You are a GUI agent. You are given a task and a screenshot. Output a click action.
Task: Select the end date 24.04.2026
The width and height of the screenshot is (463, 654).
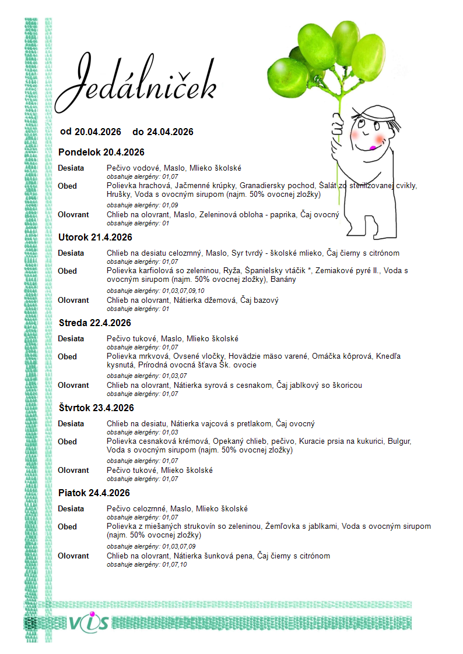pos(170,132)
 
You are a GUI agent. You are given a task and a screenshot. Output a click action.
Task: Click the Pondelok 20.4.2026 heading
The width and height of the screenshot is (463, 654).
pos(101,153)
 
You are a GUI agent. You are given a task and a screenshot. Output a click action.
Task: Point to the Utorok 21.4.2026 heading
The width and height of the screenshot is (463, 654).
pos(95,238)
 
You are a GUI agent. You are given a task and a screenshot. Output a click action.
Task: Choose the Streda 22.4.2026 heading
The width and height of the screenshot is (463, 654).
pos(95,323)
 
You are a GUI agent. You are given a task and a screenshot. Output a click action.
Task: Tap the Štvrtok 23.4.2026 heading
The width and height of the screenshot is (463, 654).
pos(96,408)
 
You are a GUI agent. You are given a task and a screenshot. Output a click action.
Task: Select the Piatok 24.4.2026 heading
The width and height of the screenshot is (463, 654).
pos(94,493)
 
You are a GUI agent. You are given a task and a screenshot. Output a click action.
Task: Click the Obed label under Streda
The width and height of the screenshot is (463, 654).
pos(67,356)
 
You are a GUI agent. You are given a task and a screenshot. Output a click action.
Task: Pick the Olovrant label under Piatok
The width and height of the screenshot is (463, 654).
pos(73,556)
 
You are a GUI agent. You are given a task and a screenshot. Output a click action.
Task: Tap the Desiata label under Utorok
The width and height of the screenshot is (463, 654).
pos(71,253)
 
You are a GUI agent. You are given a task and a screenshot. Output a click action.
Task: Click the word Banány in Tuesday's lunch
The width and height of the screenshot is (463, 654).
pos(283,279)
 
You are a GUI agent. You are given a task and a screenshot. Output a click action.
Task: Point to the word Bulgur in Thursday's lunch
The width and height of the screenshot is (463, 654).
pos(399,441)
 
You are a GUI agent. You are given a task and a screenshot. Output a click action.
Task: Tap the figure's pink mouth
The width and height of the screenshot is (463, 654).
pos(371,147)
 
